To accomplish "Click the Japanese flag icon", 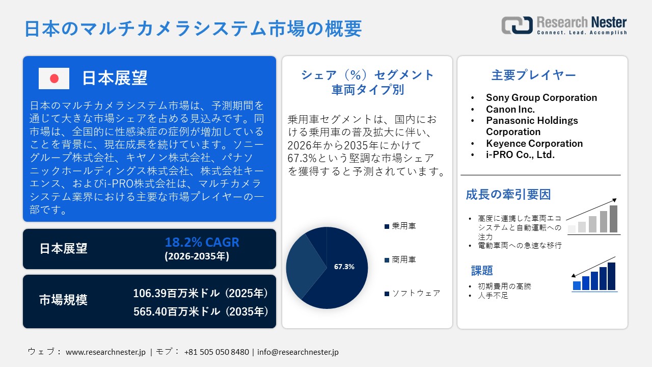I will click(x=54, y=78).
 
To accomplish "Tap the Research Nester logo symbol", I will click(x=517, y=25).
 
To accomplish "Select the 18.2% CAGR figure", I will click(x=202, y=242).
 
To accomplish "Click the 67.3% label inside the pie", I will click(x=344, y=267).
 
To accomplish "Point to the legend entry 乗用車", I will click(x=403, y=226).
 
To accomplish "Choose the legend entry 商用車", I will click(x=403, y=259).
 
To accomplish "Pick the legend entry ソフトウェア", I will click(x=416, y=293).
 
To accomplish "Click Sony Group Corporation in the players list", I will click(x=541, y=97).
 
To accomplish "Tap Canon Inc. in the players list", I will click(x=510, y=109).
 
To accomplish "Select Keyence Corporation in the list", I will click(x=534, y=143).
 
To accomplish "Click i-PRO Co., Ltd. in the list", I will click(x=520, y=154).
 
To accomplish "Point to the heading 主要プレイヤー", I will click(x=533, y=75).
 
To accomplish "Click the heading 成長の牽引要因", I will click(x=508, y=194).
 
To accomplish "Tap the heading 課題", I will click(x=482, y=270).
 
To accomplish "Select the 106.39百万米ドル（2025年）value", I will click(x=200, y=294).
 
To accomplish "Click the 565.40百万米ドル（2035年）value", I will click(x=200, y=311).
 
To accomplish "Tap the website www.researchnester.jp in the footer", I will click(x=106, y=352).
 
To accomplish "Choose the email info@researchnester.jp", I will click(x=297, y=352).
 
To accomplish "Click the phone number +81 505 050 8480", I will click(x=216, y=352).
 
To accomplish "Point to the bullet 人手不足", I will click(x=494, y=295).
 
